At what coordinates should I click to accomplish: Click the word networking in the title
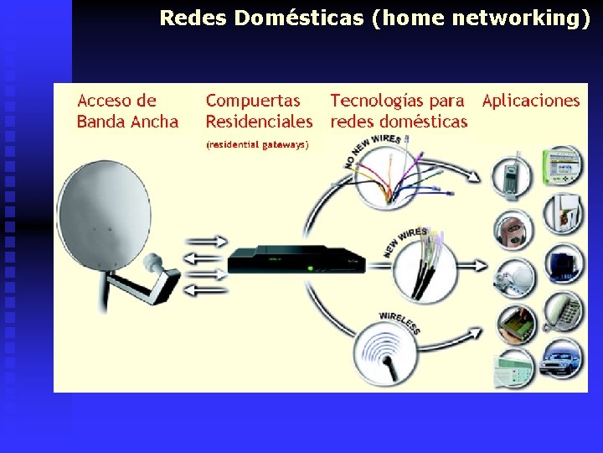coord(520,18)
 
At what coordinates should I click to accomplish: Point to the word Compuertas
coord(253,101)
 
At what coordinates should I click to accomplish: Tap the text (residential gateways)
coord(257,145)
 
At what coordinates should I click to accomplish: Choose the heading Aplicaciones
coord(530,101)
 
